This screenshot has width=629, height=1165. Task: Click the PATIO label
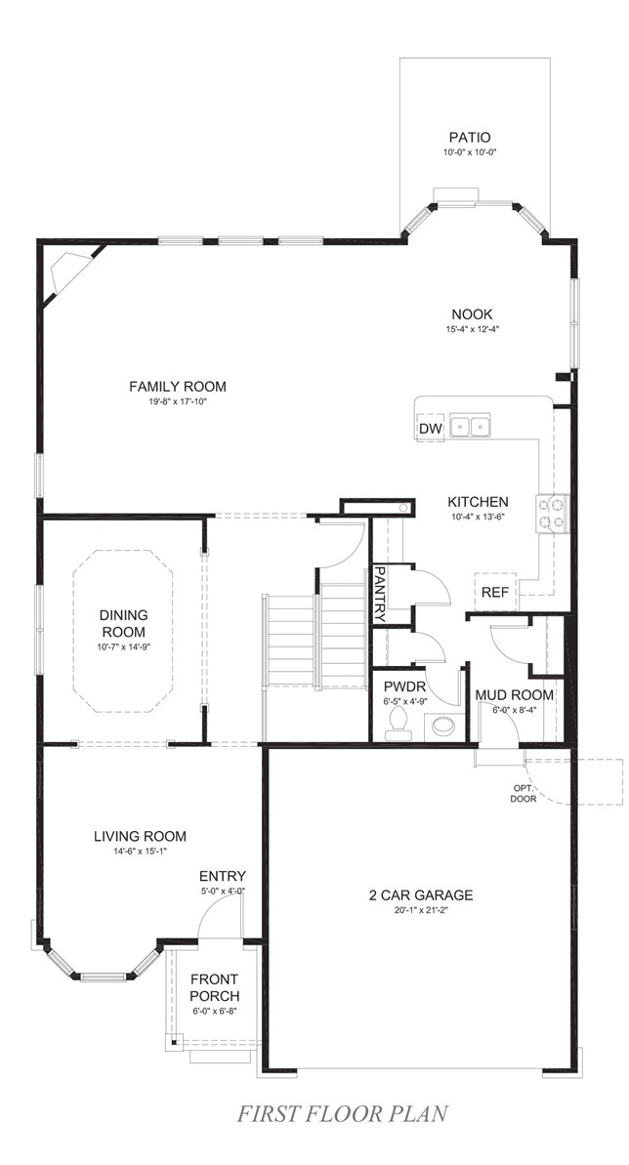tap(469, 138)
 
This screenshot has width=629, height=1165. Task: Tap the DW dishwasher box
tap(431, 429)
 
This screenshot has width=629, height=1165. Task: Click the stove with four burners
tap(552, 513)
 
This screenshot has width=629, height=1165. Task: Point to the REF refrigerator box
tap(494, 591)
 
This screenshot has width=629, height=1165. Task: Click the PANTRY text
tap(381, 594)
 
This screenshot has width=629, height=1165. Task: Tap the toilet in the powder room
tap(397, 721)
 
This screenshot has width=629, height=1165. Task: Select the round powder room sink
tap(444, 726)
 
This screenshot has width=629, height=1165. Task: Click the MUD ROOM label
tap(515, 695)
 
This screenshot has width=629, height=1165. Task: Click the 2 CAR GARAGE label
tap(422, 895)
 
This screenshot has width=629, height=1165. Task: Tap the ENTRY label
tap(223, 876)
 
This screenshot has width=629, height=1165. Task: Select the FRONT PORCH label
tap(215, 987)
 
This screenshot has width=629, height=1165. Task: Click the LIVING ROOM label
tap(140, 836)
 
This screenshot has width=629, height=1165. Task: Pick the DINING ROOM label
tap(123, 623)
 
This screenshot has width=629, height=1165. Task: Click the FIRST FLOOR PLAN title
tap(344, 1113)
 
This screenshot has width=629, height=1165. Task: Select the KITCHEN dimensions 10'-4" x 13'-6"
tap(478, 517)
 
